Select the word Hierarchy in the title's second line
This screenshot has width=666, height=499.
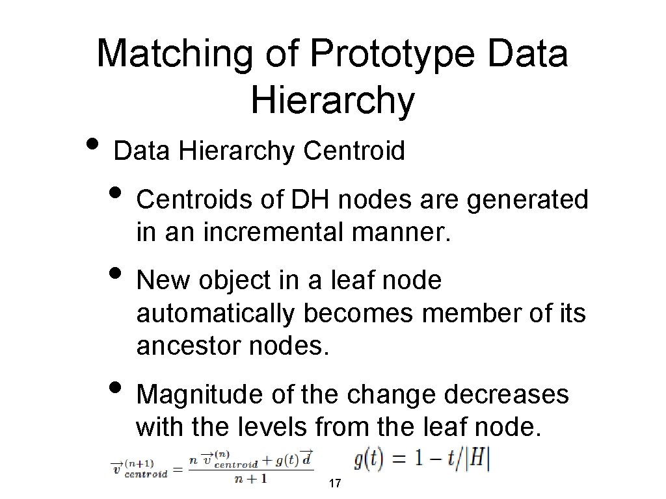click(332, 101)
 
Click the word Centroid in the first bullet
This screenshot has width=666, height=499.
click(354, 151)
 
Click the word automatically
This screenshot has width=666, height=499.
click(215, 314)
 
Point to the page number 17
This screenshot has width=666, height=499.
click(336, 484)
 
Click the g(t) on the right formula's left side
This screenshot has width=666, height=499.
click(370, 460)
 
